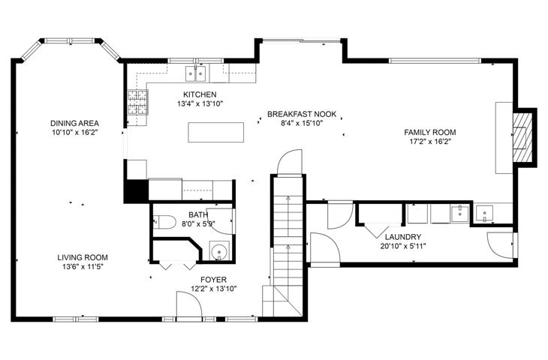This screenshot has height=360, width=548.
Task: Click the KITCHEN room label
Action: point(200,94)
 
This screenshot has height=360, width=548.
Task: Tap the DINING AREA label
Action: point(74,123)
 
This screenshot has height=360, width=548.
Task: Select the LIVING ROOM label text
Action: point(83,258)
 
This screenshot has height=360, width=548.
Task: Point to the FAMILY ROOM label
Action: point(430,132)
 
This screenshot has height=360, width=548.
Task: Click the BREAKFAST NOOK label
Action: point(302,114)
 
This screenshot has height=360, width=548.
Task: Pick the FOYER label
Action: point(213,280)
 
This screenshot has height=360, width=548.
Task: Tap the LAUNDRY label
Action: point(403,237)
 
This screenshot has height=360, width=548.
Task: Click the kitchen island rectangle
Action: point(216,132)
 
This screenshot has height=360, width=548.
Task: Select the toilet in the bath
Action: point(164,222)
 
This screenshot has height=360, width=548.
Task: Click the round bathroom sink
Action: point(219,251)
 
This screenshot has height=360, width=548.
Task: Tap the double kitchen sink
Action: point(195,73)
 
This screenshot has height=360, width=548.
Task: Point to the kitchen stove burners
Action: point(137,102)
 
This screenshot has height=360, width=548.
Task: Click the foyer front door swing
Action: point(189,304)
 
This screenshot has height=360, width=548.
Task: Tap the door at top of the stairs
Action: point(289,161)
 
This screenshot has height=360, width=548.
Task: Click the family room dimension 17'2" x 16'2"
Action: point(430,142)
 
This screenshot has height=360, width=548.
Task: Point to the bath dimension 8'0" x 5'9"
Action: point(198,223)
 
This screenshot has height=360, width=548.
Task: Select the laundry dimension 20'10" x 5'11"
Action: point(403,247)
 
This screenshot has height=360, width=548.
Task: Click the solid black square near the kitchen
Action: point(137,190)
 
